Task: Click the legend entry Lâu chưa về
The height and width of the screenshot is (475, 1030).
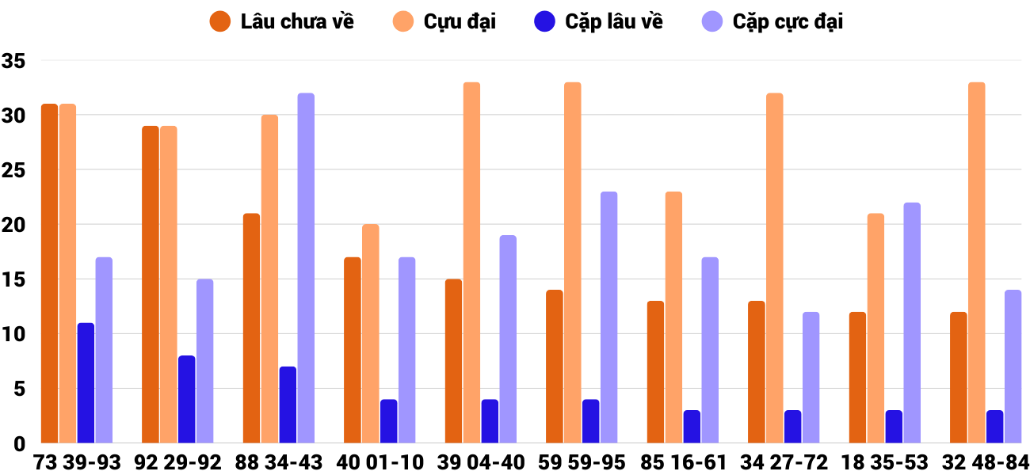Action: (x=282, y=21)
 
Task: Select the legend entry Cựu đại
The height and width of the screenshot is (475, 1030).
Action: (x=445, y=21)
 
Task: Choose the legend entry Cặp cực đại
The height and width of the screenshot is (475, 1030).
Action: (x=773, y=21)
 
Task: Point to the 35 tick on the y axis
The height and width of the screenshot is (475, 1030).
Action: (x=13, y=61)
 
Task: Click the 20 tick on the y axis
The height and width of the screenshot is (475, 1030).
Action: (x=13, y=225)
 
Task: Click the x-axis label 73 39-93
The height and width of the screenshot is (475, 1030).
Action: (x=77, y=462)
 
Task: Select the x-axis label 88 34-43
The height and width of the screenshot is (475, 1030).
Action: (x=279, y=462)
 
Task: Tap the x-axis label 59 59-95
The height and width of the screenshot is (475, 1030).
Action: (x=582, y=462)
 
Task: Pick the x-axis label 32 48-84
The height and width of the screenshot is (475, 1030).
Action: (x=986, y=462)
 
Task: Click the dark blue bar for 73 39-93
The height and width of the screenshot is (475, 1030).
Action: (x=86, y=383)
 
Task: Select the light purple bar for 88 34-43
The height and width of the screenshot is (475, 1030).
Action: (x=306, y=268)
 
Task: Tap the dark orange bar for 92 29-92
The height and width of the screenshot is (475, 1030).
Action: (x=151, y=285)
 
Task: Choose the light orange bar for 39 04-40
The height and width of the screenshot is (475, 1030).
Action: (x=471, y=263)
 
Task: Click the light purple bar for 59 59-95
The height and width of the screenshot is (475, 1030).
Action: (x=608, y=317)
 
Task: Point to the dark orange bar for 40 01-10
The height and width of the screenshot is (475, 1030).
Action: (x=353, y=350)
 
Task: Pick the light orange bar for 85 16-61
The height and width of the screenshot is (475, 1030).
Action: (x=673, y=317)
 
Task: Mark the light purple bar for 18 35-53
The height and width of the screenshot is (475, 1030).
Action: (x=912, y=323)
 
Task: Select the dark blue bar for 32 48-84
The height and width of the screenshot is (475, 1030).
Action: (x=994, y=427)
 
